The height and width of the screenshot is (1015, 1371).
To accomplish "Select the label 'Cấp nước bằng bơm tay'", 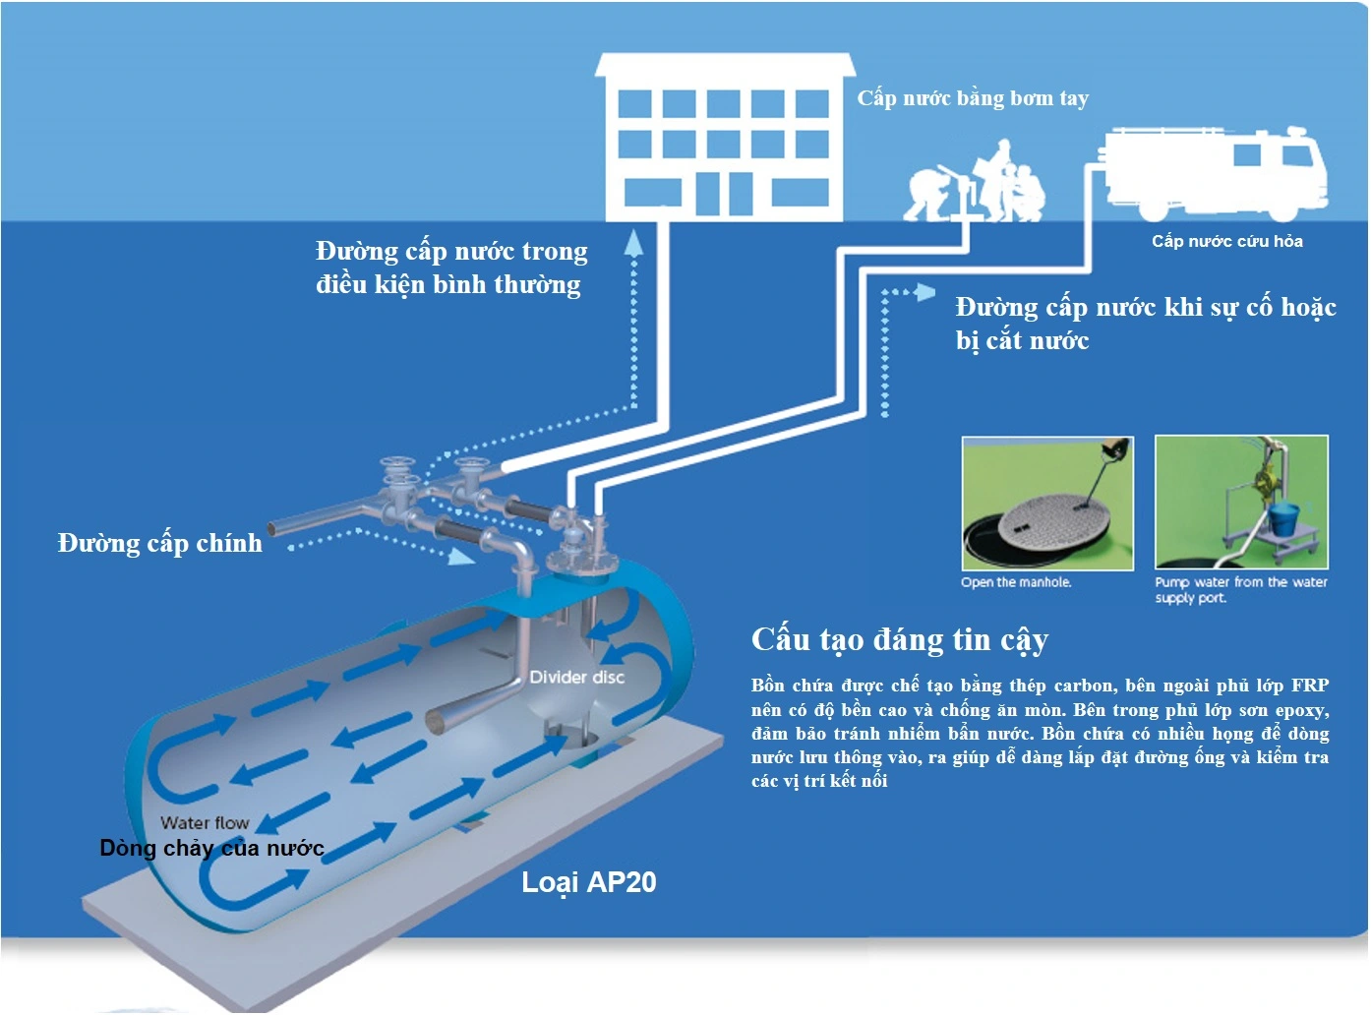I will coord(973,98).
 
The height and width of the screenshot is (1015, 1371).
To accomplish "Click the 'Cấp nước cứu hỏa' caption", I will coord(1227,241).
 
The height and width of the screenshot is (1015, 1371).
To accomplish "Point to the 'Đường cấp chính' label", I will coord(160,543).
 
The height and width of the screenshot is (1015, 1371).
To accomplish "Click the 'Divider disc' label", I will coord(576,677).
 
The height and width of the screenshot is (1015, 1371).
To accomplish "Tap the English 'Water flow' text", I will coord(205,822).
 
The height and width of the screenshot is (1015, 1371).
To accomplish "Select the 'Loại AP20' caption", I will coord(588,882).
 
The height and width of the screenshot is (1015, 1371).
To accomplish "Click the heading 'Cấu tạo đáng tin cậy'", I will coord(900,639).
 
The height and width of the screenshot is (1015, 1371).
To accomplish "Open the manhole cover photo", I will coord(1047,503).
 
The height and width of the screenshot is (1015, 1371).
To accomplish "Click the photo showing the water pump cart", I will coord(1241,502).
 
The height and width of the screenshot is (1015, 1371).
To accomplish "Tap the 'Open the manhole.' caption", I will coord(1016,582).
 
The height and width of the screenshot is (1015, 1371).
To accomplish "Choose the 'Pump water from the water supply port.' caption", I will coord(1240,590).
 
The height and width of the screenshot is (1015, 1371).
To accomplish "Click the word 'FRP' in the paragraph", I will coord(1309,686).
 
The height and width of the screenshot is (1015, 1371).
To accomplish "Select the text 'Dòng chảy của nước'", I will coord(211,848).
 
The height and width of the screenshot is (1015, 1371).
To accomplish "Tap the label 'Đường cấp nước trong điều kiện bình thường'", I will coord(451,268).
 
